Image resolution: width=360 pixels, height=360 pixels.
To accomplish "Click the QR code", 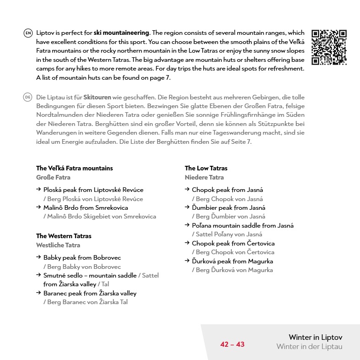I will [329, 47].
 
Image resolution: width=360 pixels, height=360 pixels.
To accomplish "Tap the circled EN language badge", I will [28, 33].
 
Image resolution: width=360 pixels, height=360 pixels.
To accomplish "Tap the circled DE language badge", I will [28, 98].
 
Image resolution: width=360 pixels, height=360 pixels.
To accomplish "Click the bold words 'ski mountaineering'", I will [121, 33].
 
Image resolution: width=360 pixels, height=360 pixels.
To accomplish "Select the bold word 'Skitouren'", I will [97, 98].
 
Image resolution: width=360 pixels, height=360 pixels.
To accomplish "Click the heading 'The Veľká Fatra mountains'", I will [74, 168].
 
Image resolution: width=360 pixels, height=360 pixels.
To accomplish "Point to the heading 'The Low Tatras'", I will [206, 168].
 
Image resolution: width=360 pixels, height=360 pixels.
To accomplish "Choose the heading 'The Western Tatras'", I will [64, 236].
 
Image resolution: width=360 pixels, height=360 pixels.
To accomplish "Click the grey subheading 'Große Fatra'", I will [53, 177].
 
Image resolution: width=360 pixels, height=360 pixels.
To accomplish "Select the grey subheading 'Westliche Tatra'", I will [58, 245].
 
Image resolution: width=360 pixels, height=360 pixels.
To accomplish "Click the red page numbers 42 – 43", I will [232, 344].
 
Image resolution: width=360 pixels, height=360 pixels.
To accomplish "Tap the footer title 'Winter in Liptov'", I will [316, 338].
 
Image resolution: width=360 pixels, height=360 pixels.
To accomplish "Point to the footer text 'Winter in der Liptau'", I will [309, 347].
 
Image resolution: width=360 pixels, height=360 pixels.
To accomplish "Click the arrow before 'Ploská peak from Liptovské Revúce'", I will [38, 190].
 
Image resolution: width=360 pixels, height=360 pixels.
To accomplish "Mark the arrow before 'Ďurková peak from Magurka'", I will [187, 261].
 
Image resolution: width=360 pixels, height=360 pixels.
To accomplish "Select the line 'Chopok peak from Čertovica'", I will [233, 243].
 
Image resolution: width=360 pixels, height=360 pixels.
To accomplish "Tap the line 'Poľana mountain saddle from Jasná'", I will [243, 225].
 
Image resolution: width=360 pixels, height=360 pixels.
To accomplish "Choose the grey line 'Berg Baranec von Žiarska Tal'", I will [85, 302].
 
